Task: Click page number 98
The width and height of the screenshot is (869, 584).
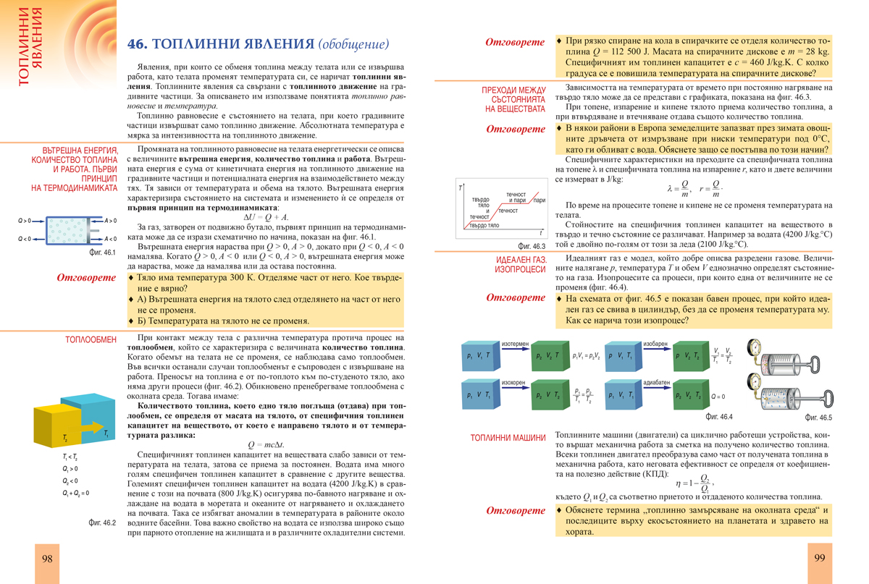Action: click(47, 559)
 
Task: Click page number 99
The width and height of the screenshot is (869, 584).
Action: click(820, 558)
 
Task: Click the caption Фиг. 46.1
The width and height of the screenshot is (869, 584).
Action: click(100, 253)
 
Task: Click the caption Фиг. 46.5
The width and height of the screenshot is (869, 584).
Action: click(820, 418)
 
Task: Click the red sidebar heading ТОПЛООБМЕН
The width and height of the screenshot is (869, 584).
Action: click(91, 339)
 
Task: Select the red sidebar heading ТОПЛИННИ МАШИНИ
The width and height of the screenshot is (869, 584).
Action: click(508, 438)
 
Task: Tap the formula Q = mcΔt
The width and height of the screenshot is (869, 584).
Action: click(265, 445)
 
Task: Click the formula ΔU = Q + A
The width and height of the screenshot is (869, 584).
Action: click(265, 216)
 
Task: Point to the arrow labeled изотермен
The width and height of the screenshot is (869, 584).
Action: click(516, 350)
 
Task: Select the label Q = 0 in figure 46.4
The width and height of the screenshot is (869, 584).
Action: click(718, 397)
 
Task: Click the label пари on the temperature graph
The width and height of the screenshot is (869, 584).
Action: click(539, 200)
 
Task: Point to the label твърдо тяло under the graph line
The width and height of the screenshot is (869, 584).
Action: click(484, 226)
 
